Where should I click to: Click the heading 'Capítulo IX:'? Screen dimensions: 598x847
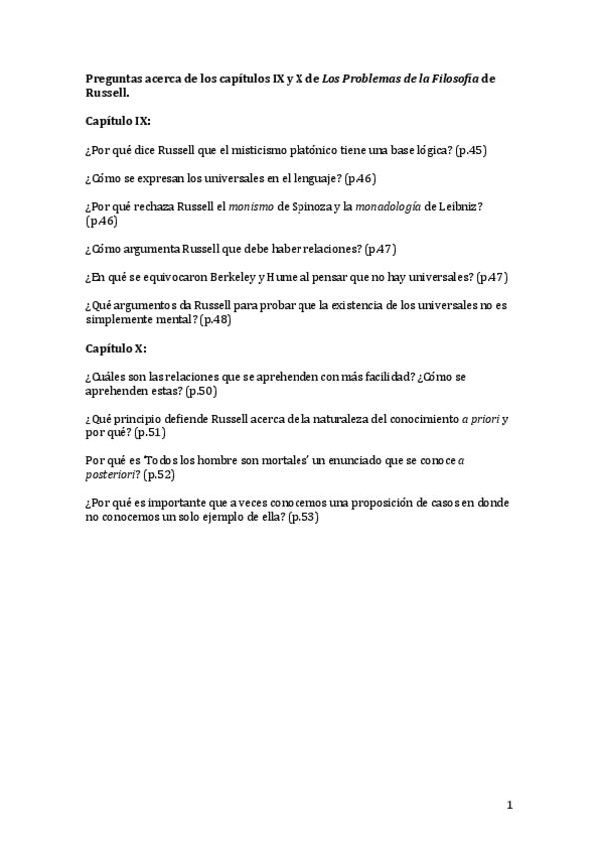(118, 120)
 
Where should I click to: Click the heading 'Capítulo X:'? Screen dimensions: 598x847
(115, 347)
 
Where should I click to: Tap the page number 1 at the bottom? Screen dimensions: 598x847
(509, 804)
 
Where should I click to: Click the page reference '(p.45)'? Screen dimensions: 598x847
(470, 150)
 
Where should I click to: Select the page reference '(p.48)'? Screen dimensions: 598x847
(215, 319)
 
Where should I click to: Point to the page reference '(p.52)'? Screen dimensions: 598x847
(158, 475)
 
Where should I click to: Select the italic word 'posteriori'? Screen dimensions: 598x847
(112, 475)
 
